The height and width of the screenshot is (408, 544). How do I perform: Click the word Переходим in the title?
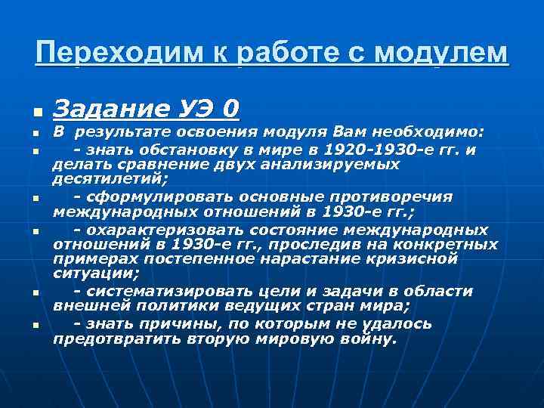(98, 54)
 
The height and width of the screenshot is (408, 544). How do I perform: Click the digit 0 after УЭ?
(230, 110)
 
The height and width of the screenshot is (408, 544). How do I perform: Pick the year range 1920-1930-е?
(362, 150)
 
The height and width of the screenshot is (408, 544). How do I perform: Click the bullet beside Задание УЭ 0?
(36, 112)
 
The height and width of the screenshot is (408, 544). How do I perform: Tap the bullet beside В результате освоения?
(36, 135)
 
